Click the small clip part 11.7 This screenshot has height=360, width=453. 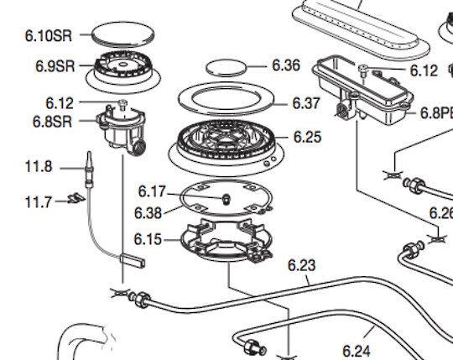(x=75, y=199)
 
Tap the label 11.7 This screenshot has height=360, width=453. (x=38, y=201)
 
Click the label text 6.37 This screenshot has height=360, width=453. (x=306, y=103)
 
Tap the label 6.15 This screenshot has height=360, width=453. (x=148, y=240)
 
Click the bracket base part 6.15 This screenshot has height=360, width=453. (x=224, y=243)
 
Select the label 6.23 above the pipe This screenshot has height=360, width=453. (x=301, y=266)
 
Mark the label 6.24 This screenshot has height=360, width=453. (x=356, y=349)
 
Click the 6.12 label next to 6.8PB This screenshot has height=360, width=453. (x=424, y=71)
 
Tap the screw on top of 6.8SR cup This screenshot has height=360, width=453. (x=122, y=102)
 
